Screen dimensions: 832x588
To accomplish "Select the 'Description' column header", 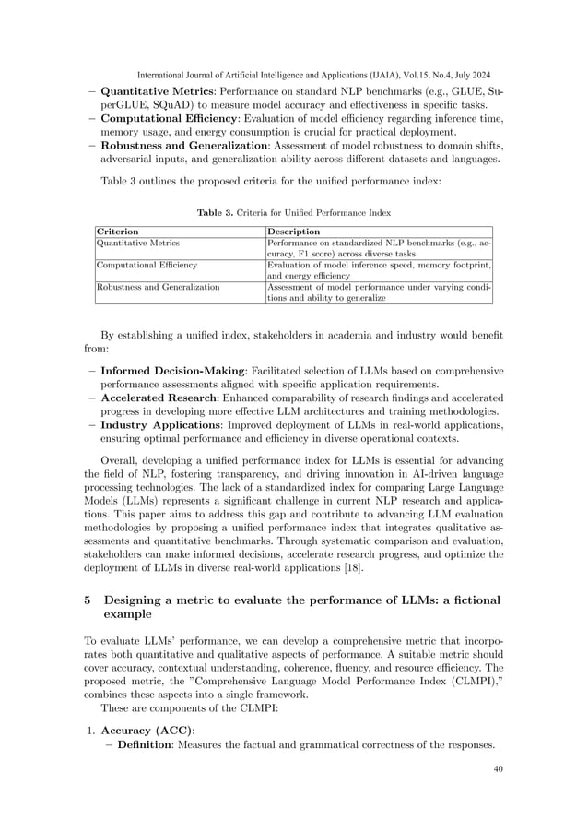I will click(293, 231).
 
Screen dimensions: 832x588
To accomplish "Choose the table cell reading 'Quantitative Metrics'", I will click(138, 243).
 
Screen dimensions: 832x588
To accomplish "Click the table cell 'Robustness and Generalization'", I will click(158, 287).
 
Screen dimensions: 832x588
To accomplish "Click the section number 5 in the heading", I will click(88, 600).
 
